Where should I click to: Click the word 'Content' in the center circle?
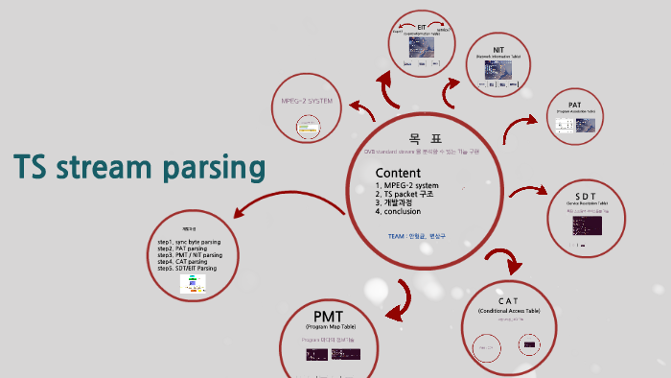click(x=398, y=173)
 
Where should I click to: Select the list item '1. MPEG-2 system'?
click(x=406, y=185)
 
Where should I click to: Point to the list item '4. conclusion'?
click(x=403, y=212)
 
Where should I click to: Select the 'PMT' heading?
click(x=329, y=316)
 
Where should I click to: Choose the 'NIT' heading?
click(x=497, y=48)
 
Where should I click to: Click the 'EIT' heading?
click(x=421, y=27)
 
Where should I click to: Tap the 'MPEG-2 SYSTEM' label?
click(x=307, y=101)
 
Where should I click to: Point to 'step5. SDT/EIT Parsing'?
click(x=187, y=269)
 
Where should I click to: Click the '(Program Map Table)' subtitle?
click(x=329, y=328)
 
